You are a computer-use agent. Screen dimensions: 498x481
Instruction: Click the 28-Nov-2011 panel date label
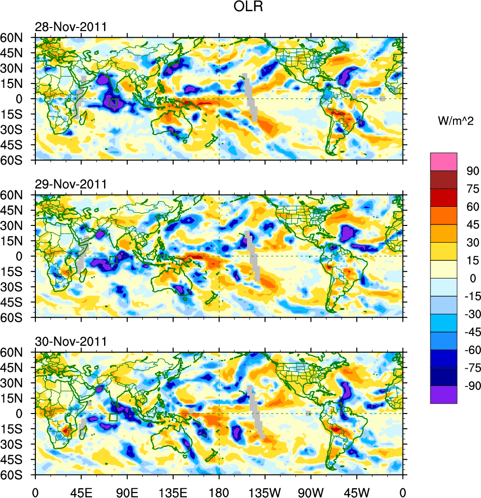71,27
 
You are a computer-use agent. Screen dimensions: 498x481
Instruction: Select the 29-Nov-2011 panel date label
71,185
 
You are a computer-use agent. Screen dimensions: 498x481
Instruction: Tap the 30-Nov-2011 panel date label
71,342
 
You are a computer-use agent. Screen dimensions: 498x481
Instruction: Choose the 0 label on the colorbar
473,278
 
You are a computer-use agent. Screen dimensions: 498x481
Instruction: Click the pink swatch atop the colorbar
444,162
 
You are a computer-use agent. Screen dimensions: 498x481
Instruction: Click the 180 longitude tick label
219,491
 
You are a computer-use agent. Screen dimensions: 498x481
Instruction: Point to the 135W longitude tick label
265,491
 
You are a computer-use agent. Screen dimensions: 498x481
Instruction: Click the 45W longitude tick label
357,491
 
